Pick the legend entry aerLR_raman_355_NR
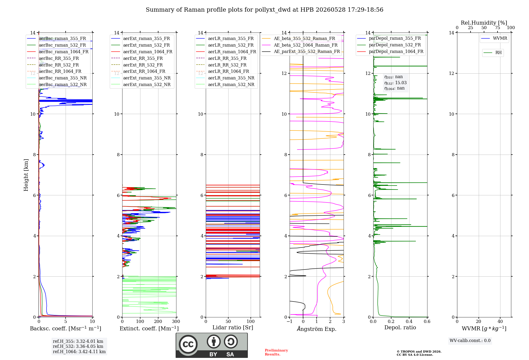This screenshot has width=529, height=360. [x=225, y=78]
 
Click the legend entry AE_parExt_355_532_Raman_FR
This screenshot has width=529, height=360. [x=301, y=51]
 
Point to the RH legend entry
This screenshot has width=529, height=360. [x=492, y=53]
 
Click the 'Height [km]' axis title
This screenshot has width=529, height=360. [x=26, y=175]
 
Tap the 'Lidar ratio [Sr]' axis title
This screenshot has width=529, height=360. [x=233, y=328]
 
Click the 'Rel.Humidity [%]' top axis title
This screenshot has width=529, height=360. [x=484, y=23]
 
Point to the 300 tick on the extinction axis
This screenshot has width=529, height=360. [x=176, y=322]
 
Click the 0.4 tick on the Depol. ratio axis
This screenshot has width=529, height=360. [x=409, y=322]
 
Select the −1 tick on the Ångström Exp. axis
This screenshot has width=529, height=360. [x=290, y=322]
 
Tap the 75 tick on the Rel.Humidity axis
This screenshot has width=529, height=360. [x=498, y=28]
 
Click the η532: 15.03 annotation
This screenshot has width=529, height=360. [x=395, y=83]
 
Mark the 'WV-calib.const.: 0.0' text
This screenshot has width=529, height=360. [x=470, y=341]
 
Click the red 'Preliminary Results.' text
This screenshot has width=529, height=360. [x=276, y=352]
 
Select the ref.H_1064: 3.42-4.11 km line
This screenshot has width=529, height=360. [x=79, y=352]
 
